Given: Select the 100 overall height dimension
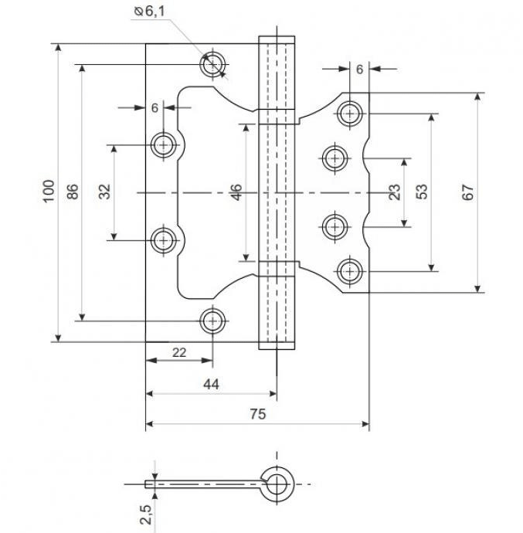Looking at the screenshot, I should (49, 192).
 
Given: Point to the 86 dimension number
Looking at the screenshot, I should (73, 192).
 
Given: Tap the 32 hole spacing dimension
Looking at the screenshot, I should (106, 192).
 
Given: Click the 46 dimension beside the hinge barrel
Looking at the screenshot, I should (236, 192).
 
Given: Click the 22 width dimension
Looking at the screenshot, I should (178, 352).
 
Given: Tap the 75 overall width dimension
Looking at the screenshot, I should (257, 414).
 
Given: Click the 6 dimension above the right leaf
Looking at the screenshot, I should (359, 69).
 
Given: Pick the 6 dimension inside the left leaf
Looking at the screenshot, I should (155, 108).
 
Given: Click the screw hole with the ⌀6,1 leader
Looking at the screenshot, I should (212, 65).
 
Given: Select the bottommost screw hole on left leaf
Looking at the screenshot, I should (212, 319).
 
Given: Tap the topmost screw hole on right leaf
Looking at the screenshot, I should (350, 114).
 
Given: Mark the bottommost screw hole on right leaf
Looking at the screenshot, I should (350, 271).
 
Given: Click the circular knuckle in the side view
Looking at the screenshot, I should (276, 484).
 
